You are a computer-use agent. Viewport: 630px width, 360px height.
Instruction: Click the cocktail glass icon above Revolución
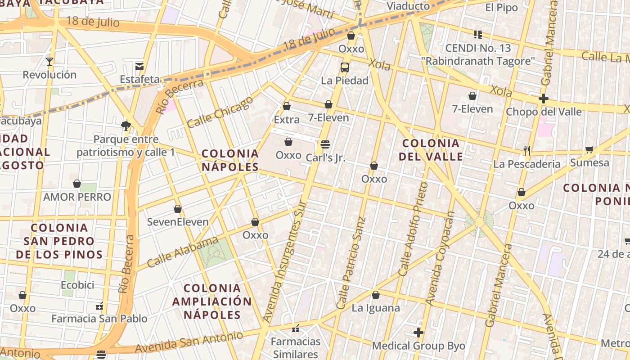(49, 61)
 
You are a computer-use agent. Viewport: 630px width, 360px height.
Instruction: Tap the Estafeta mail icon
(139, 67)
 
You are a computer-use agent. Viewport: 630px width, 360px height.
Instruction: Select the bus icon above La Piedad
(345, 67)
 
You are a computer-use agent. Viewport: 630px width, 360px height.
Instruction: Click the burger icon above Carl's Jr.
(325, 144)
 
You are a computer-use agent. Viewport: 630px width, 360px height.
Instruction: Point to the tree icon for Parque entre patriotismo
(126, 126)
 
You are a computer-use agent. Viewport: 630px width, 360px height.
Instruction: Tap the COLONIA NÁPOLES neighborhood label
(230, 160)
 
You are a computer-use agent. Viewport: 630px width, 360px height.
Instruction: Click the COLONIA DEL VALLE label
(431, 150)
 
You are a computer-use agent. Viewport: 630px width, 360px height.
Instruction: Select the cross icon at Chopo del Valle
(544, 98)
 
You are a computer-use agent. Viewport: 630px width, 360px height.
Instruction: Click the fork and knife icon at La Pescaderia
(527, 150)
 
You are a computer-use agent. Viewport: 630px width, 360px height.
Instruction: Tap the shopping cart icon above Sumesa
(589, 149)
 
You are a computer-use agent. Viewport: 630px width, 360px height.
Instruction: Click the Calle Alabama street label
(182, 252)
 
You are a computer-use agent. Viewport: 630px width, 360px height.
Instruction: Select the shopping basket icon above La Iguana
(376, 295)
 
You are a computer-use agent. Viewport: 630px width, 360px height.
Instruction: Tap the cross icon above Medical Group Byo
(418, 333)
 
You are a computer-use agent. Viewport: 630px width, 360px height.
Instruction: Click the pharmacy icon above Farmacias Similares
(296, 328)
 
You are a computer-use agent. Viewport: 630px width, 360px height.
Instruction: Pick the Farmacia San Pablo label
(99, 319)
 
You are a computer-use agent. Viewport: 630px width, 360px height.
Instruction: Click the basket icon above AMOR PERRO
(77, 184)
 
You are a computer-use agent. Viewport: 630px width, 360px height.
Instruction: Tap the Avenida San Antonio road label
(189, 342)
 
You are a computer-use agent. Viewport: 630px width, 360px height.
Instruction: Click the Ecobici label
(77, 285)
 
